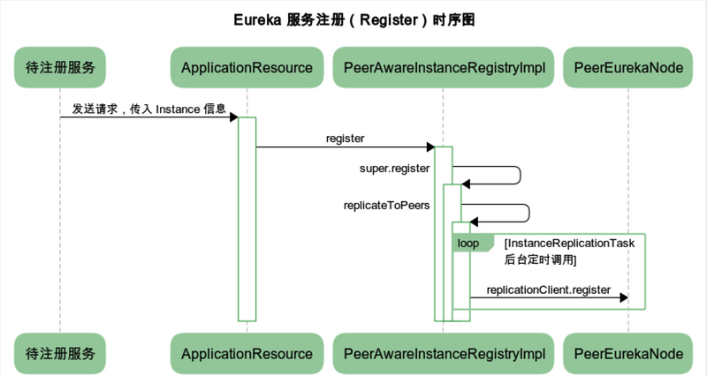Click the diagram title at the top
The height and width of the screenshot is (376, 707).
pos(353,19)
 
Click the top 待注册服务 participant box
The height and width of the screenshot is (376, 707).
pos(60,67)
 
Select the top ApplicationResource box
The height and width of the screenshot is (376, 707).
pos(247,67)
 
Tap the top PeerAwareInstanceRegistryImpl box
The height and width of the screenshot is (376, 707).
pos(443,67)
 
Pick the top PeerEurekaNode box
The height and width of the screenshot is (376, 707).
pos(628,67)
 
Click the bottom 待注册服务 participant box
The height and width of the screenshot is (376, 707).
pos(60,353)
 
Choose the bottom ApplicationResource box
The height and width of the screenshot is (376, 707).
pos(247,353)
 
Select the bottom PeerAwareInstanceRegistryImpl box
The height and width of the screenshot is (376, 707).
pos(443,353)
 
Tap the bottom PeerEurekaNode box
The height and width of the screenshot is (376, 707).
pos(628,353)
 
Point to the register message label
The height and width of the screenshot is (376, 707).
pos(345,139)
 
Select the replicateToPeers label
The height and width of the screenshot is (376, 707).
pos(386,205)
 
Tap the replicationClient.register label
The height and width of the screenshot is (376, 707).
pos(548,290)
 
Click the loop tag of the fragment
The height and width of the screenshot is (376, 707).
pos(468,243)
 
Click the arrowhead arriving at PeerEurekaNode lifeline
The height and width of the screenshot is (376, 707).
pos(623,298)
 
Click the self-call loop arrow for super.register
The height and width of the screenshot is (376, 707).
pos(520,175)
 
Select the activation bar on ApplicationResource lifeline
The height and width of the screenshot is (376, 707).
pos(247,221)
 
